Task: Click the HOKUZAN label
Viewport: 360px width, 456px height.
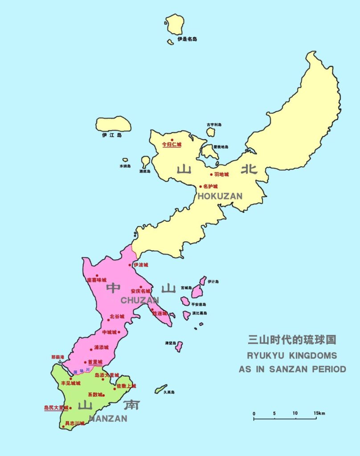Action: (x=220, y=196)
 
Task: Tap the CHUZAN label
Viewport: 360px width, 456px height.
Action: (x=140, y=300)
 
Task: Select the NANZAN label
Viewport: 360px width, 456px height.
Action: (x=108, y=419)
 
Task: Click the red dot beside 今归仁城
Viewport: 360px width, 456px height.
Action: (x=172, y=140)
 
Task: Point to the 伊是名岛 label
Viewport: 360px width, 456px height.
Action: (x=187, y=39)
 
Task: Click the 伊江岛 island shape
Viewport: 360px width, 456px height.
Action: (x=114, y=124)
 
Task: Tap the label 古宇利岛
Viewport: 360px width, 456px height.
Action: (x=214, y=125)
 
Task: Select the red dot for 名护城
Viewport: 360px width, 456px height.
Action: (x=200, y=187)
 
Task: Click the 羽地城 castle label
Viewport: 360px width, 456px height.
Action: (x=221, y=174)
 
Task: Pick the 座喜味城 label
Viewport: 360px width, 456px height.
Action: (x=97, y=280)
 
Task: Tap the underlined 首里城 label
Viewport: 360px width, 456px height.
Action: (x=95, y=362)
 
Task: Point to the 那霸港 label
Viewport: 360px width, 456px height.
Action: (x=58, y=357)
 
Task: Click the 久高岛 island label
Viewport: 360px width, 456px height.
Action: (x=169, y=392)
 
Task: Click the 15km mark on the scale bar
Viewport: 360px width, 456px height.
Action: (x=319, y=414)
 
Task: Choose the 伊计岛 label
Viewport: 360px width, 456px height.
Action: (x=213, y=281)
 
